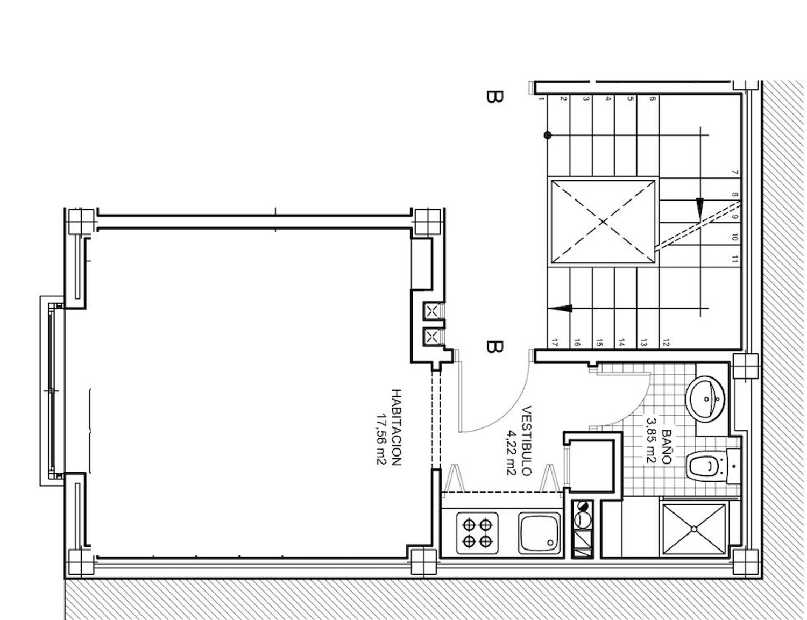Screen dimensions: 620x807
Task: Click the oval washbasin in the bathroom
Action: [706, 398]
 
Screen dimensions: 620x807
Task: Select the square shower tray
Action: [693, 530]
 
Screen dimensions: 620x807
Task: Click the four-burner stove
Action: [477, 532]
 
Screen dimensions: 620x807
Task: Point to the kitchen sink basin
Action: [539, 532]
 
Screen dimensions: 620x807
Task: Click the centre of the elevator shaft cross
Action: [603, 222]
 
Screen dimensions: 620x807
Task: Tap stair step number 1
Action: [541, 99]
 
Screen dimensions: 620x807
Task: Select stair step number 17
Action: [554, 342]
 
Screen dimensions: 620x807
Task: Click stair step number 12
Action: [666, 342]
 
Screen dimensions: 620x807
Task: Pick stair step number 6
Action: [652, 99]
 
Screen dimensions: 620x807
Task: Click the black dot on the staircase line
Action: [547, 136]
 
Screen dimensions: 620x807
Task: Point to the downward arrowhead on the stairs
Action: [699, 206]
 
